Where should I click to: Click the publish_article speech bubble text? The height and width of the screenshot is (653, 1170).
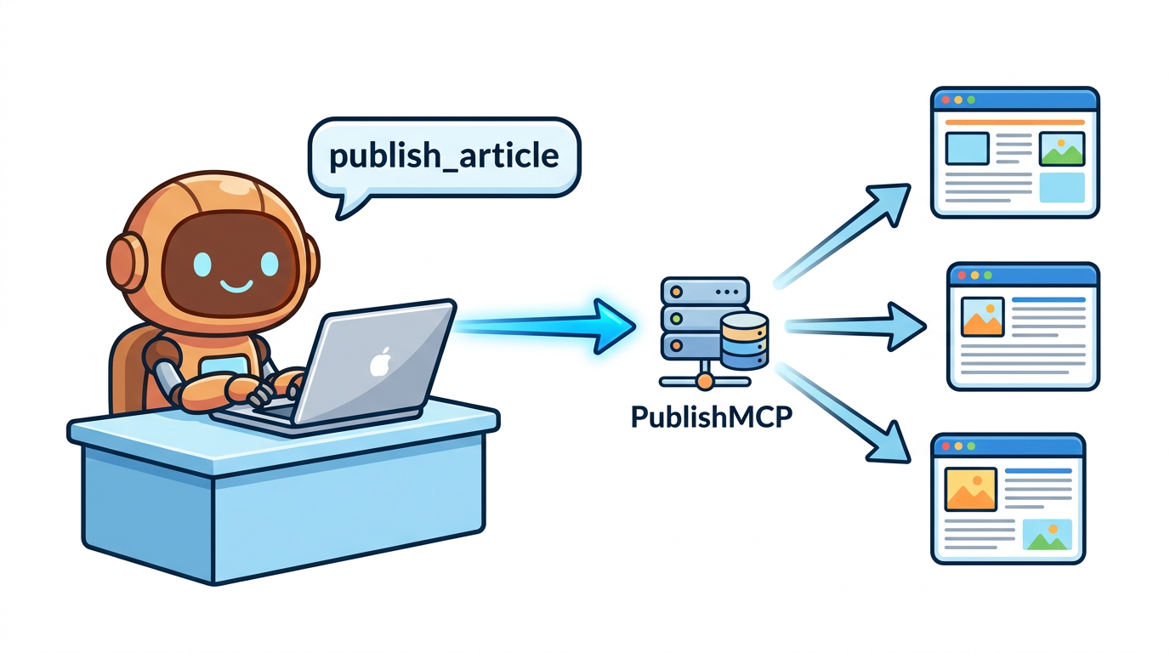(x=444, y=156)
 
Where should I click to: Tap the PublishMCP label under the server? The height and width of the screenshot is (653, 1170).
(x=712, y=417)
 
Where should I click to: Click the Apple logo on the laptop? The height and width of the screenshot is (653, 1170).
(x=381, y=361)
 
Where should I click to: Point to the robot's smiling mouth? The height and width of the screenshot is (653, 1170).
(x=236, y=286)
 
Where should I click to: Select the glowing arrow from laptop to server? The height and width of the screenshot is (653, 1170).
(x=546, y=326)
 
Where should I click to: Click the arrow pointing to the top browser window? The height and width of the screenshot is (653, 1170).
(x=842, y=236)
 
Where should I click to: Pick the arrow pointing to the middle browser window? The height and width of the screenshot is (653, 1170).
(x=855, y=326)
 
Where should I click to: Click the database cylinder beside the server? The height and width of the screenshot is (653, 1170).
(x=744, y=341)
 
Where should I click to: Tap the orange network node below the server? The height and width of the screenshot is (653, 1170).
(x=705, y=382)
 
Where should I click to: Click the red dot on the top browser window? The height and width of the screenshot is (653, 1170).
(x=946, y=99)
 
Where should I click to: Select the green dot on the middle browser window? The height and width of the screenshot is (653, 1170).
(x=987, y=275)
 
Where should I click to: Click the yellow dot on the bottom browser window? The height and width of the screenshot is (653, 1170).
(x=958, y=446)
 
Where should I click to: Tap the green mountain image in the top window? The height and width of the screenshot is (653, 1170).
(x=1062, y=149)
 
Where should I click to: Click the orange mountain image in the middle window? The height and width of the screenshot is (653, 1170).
(x=982, y=317)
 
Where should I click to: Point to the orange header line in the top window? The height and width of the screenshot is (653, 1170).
(x=1015, y=122)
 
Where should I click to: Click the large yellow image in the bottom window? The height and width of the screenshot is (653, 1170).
(x=970, y=489)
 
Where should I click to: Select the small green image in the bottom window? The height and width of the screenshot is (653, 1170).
(x=1048, y=535)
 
